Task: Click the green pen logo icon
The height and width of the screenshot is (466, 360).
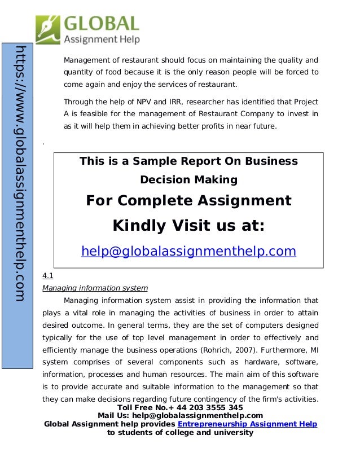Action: point(48,29)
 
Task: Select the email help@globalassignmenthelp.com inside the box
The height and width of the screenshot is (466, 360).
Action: point(188,251)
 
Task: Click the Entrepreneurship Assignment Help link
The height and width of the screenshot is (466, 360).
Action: point(247,424)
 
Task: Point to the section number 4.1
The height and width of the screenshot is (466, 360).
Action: point(47,276)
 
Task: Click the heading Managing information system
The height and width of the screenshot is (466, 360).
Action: point(95,288)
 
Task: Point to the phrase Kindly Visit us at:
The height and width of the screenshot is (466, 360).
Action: point(188,226)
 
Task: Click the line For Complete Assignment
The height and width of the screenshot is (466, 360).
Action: point(188,201)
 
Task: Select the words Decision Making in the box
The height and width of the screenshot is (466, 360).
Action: point(188,180)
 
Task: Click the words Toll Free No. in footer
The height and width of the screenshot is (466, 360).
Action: point(142,407)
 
